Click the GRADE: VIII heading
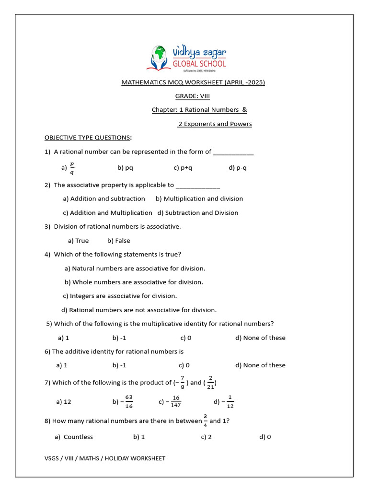click(192, 96)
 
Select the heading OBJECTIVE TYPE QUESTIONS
click(87, 138)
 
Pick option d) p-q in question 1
click(238, 168)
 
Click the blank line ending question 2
click(198, 185)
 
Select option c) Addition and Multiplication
click(107, 213)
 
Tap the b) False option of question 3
click(119, 241)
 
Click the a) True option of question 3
click(79, 241)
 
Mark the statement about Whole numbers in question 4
click(134, 282)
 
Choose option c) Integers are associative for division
click(120, 296)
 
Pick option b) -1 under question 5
click(119, 338)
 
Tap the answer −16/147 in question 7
click(173, 402)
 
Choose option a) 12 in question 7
click(64, 402)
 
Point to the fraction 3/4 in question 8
click(205, 421)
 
